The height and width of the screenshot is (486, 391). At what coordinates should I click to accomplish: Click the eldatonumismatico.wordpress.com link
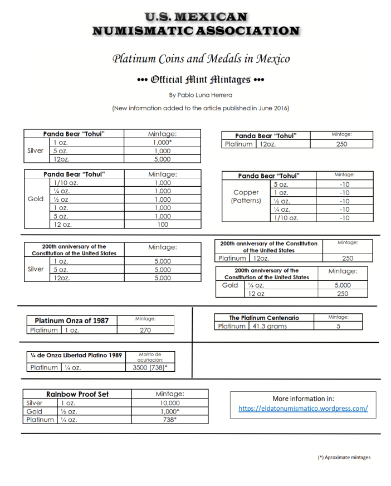coord(303,408)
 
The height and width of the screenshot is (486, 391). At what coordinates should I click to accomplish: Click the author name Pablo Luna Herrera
coord(201,95)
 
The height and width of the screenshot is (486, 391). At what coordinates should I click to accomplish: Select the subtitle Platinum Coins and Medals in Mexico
coord(201,59)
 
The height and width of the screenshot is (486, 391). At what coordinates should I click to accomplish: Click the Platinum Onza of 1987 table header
coord(72,320)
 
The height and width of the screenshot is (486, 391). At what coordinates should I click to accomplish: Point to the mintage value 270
coord(145,330)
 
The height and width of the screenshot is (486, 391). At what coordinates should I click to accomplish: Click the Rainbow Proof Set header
coord(77,394)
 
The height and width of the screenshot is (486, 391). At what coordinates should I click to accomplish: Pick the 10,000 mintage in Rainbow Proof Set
coord(170,403)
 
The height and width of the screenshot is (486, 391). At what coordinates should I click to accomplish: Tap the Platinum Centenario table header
coord(264,318)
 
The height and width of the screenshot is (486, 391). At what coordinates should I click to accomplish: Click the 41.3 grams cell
coord(269,326)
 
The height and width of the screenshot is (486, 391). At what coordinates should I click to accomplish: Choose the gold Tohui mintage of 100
coord(163,225)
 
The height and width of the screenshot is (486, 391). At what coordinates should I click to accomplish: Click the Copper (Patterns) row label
coord(246,196)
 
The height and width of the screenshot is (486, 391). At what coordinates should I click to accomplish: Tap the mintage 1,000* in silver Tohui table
coord(163,143)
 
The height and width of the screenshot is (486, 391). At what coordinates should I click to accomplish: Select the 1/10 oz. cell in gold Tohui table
coord(65,183)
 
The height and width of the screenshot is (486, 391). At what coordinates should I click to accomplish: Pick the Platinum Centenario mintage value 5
coord(338,326)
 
